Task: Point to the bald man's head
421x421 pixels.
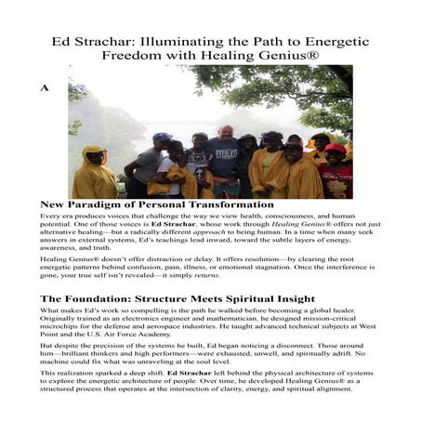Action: (225, 132)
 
